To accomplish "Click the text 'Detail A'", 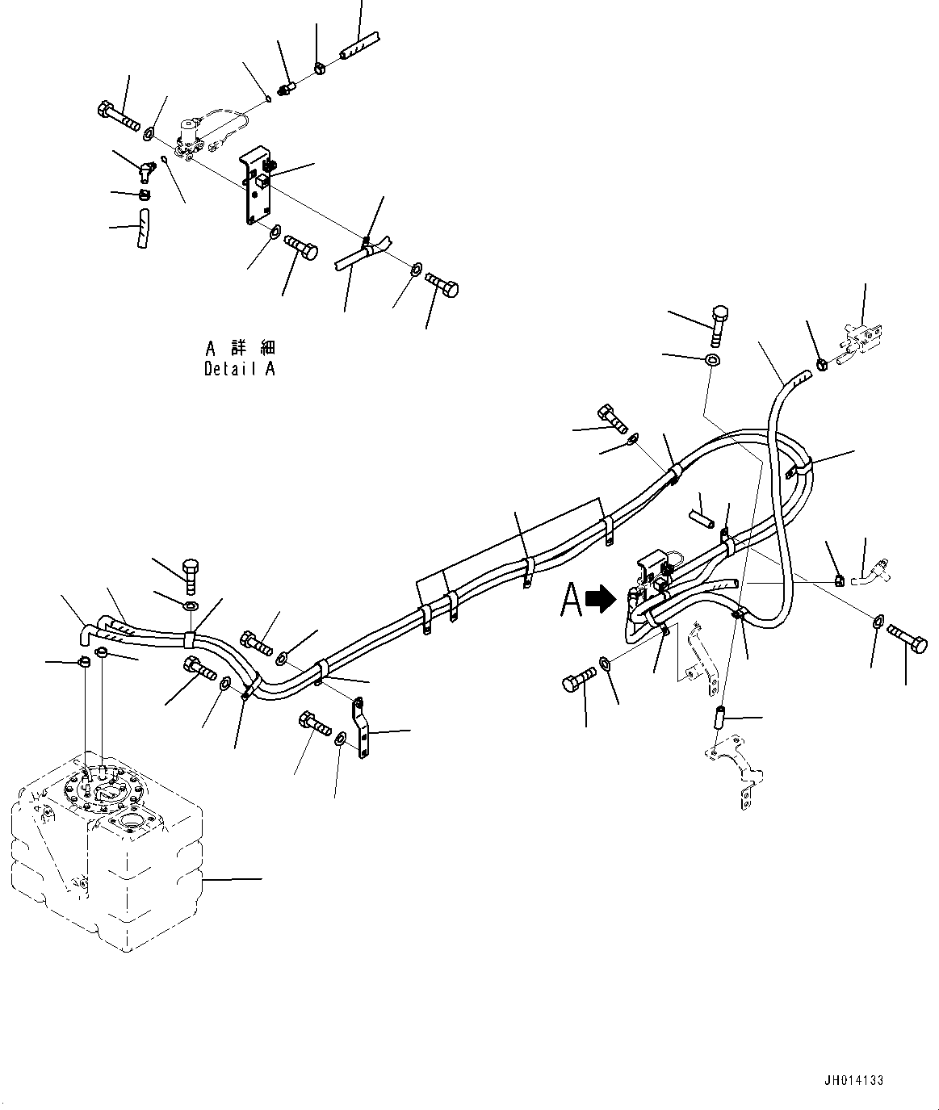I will click(x=239, y=369).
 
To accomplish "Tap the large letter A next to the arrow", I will click(x=572, y=600).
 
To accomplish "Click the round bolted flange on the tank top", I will click(x=102, y=786).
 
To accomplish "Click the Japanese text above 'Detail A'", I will click(x=240, y=348).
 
